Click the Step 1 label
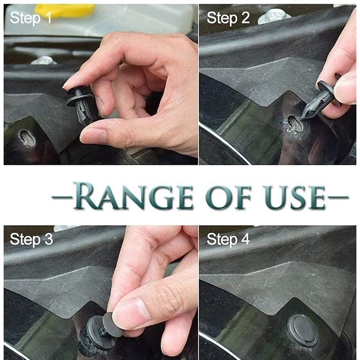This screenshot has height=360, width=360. [x=31, y=18]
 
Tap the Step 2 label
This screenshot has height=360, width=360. [x=228, y=18]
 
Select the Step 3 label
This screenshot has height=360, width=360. [x=31, y=239]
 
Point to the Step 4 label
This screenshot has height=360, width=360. [x=228, y=239]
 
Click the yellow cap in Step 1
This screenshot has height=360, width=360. [x=65, y=10]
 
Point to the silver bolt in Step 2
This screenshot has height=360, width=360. [x=274, y=16]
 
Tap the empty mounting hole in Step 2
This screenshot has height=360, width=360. [x=295, y=123]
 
